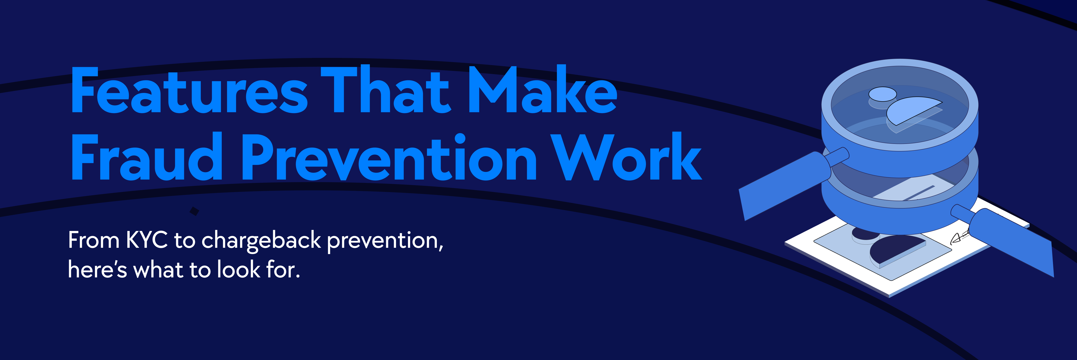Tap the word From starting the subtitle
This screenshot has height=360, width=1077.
94,240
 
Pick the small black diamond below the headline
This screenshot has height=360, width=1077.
194,212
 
